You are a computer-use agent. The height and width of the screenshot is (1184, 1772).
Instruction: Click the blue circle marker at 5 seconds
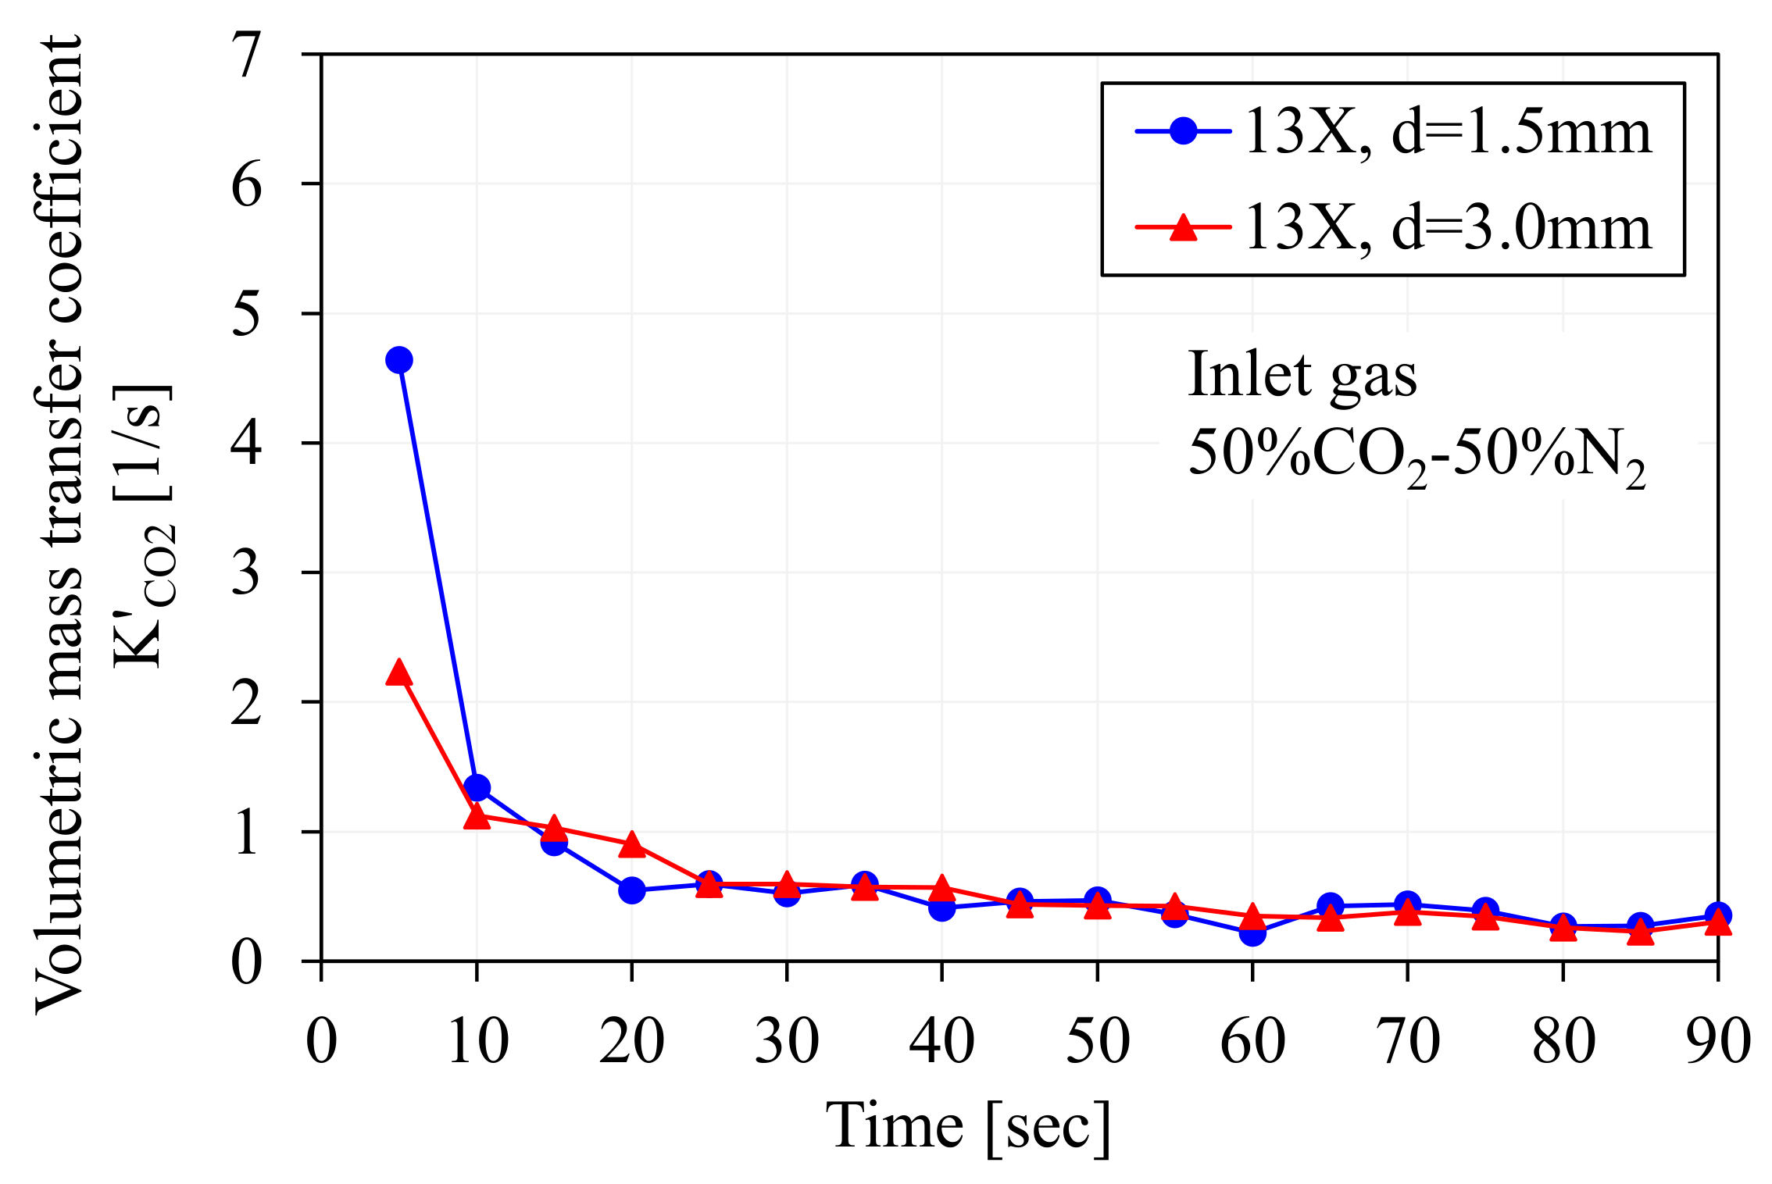[398, 360]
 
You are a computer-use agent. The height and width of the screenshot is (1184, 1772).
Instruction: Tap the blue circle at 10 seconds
[477, 787]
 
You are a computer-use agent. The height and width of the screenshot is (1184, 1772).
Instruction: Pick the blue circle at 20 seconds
[631, 890]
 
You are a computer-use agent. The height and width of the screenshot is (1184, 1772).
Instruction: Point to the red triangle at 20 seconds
[631, 845]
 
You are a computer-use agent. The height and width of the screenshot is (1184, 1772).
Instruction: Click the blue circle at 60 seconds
[1252, 933]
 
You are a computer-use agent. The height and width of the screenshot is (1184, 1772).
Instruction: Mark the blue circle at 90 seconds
[1717, 915]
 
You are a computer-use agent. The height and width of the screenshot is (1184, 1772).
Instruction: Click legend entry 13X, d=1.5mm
[1447, 131]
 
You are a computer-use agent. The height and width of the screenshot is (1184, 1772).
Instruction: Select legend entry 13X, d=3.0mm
[1447, 228]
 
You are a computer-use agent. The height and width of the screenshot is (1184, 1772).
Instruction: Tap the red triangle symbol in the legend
[1183, 228]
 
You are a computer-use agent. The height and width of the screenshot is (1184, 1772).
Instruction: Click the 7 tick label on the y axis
[247, 56]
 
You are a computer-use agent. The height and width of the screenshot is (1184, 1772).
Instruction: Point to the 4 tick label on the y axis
[247, 444]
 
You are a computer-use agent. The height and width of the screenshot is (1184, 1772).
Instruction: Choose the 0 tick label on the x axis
[321, 1041]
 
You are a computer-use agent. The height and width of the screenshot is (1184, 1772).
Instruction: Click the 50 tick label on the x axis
[1098, 1041]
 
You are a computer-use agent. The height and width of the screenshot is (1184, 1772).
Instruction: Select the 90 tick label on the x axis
[1717, 1041]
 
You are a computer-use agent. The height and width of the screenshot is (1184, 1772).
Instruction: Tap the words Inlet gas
[1302, 375]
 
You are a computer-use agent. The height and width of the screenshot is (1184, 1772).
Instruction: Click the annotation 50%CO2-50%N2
[1416, 456]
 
